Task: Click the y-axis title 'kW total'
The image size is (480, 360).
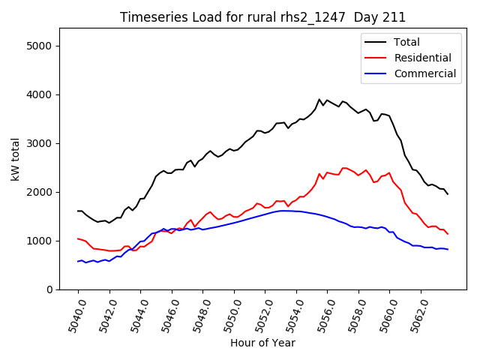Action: point(15,159)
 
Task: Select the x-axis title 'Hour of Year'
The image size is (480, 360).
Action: point(262,343)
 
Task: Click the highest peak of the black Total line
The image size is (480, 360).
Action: point(319,99)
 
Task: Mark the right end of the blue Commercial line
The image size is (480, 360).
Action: point(448,249)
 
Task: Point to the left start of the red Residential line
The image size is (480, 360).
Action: point(78,238)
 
